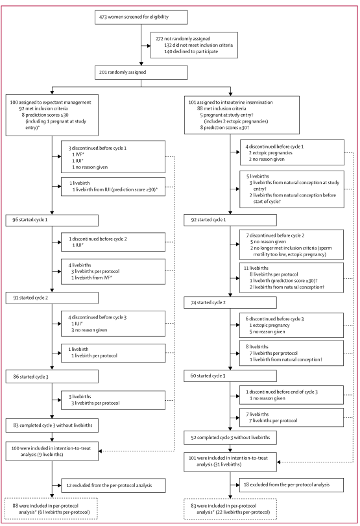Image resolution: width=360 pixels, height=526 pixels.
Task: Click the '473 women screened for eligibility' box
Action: [x=141, y=17]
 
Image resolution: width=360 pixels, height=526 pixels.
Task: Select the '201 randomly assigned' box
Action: [x=141, y=73]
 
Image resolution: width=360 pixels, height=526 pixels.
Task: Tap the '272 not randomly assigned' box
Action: [x=194, y=45]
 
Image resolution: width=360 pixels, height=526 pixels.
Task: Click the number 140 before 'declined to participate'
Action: [x=168, y=52]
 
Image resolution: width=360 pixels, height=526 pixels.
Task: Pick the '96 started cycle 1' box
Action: [x=52, y=221]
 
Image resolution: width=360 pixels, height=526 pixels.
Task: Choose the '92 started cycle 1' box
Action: [x=230, y=220]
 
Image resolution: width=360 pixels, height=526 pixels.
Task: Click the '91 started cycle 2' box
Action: [x=52, y=298]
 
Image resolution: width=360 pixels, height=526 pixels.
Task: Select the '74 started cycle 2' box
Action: [x=230, y=303]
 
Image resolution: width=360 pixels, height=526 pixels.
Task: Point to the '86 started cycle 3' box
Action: [x=52, y=377]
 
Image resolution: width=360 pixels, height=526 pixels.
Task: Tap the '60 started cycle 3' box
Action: [x=230, y=376]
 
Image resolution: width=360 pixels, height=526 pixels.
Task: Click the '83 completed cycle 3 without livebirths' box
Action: [x=52, y=425]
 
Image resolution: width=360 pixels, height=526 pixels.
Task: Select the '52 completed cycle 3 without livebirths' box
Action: [x=230, y=438]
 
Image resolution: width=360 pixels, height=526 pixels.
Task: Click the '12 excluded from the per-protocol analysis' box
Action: [x=114, y=485]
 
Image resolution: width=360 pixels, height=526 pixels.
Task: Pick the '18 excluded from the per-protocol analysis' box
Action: [x=291, y=485]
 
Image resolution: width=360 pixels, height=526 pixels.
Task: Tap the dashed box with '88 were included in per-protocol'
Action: [x=51, y=509]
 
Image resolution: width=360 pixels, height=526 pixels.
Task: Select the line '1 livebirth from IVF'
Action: [x=91, y=278]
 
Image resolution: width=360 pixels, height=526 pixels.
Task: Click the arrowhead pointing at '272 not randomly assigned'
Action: [x=149, y=45]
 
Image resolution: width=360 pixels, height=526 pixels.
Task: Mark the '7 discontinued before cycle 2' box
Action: [x=291, y=245]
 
